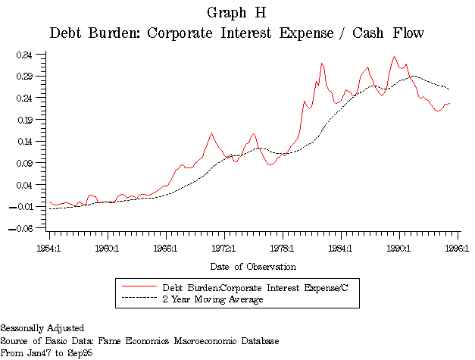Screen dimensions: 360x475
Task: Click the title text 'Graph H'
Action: pos(236,13)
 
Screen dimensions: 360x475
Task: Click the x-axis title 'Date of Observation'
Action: pos(253,266)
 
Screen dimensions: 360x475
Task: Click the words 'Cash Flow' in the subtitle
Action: pos(388,34)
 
